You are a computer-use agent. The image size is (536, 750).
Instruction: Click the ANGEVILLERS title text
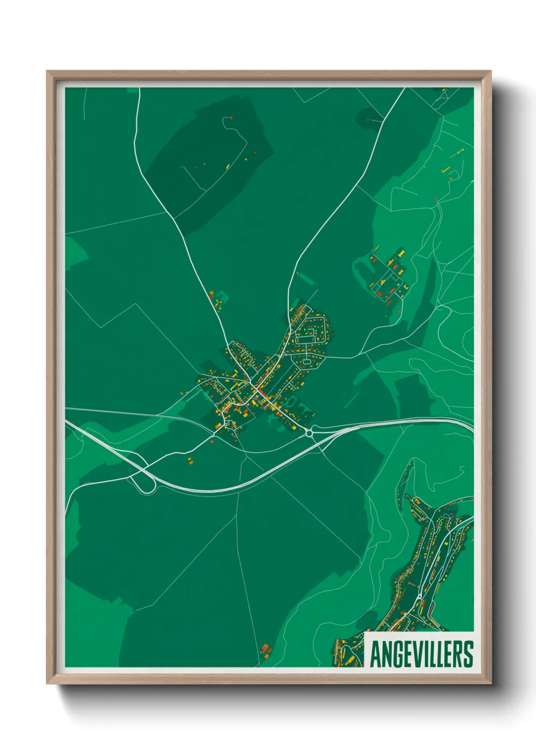click(422, 654)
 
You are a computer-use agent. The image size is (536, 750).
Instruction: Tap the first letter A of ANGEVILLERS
click(376, 654)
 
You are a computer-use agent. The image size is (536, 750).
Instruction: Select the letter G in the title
click(396, 654)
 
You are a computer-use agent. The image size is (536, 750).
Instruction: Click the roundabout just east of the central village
click(309, 433)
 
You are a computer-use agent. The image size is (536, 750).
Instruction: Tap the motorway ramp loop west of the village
click(144, 484)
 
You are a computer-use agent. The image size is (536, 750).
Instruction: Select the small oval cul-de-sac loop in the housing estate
click(307, 362)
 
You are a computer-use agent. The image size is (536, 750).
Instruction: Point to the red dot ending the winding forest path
click(231, 118)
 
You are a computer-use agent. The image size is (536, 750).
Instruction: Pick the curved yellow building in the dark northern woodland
click(228, 166)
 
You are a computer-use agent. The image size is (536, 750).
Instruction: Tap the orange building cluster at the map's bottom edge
click(265, 649)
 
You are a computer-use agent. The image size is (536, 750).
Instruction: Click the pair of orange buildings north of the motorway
click(190, 461)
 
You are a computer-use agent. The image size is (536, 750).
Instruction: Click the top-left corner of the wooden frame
click(47, 71)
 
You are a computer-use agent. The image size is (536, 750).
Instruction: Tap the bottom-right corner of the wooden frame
click(490, 683)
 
